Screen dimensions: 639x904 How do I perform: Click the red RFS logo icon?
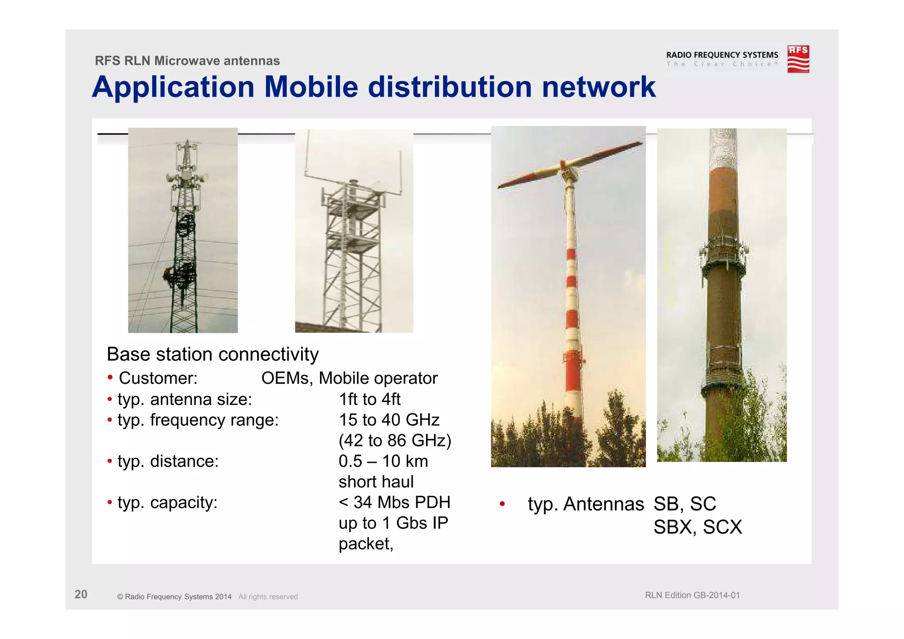pyautogui.click(x=798, y=59)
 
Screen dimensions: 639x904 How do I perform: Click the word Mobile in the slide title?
pyautogui.click(x=311, y=87)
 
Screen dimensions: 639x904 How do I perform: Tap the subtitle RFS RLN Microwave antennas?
pyautogui.click(x=187, y=60)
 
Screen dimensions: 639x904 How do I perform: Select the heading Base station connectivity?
pyautogui.click(x=212, y=354)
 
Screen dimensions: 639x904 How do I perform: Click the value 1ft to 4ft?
pyautogui.click(x=369, y=399)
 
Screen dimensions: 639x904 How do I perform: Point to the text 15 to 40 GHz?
pyautogui.click(x=389, y=420)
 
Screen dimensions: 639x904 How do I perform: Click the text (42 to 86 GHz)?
pyautogui.click(x=395, y=440)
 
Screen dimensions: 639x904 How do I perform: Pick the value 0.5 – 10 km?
pyautogui.click(x=383, y=461)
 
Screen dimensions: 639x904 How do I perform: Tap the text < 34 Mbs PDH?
pyautogui.click(x=394, y=502)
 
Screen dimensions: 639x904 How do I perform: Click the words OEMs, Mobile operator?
pyautogui.click(x=349, y=378)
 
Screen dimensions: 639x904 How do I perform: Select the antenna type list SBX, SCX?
pyautogui.click(x=697, y=527)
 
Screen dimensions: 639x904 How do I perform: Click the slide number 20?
pyautogui.click(x=81, y=594)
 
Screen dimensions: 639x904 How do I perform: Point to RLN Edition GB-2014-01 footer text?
pyautogui.click(x=692, y=595)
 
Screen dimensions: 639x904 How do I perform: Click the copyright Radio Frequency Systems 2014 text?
pyautogui.click(x=174, y=597)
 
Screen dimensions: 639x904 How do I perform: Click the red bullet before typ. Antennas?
pyautogui.click(x=502, y=504)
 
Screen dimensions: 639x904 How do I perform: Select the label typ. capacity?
pyautogui.click(x=167, y=502)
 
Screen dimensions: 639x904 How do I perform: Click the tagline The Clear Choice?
pyautogui.click(x=721, y=64)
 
